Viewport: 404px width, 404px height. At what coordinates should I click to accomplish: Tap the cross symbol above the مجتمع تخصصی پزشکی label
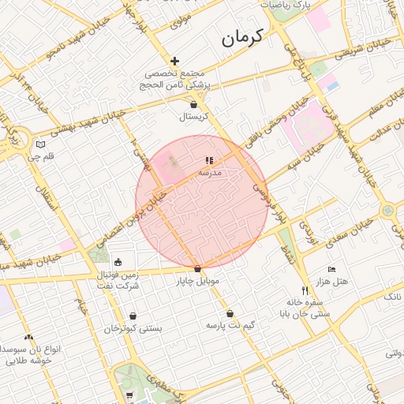pos(174,61)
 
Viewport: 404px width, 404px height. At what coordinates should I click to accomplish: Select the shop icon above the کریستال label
pos(194,104)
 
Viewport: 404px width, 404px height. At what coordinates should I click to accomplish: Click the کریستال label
pos(193,117)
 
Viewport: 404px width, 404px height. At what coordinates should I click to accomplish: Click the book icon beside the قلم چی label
pos(40,144)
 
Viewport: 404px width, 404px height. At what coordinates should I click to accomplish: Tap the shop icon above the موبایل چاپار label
pos(197,269)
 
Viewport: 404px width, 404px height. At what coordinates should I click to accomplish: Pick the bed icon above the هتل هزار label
pos(331,269)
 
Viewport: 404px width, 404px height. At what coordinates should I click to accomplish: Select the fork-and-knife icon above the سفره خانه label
pos(305,290)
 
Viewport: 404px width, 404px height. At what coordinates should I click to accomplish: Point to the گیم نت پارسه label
pos(230,325)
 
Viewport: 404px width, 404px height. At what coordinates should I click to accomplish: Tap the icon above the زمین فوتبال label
pos(118,263)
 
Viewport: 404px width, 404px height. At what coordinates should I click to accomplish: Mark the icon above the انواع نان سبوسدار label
pos(29,336)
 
